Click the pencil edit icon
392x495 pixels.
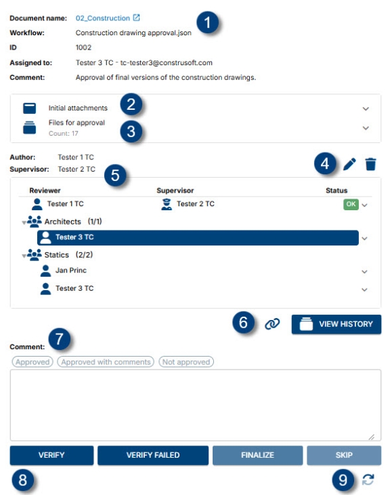click(349, 163)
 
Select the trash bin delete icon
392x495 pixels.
click(371, 163)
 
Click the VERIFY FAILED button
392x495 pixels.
click(153, 455)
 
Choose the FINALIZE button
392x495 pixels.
click(257, 455)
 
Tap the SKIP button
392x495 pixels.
click(344, 455)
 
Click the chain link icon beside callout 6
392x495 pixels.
click(272, 324)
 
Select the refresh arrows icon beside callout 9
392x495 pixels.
click(368, 479)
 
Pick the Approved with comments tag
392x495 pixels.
click(106, 362)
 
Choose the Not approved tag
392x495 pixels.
click(186, 362)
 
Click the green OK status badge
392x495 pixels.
click(350, 204)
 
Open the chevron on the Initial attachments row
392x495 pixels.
click(366, 108)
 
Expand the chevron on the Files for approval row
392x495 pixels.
click(366, 127)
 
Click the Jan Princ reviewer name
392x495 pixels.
click(71, 271)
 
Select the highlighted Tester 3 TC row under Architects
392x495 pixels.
click(197, 237)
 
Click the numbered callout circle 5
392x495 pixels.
click(115, 174)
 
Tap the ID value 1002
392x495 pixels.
click(83, 47)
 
